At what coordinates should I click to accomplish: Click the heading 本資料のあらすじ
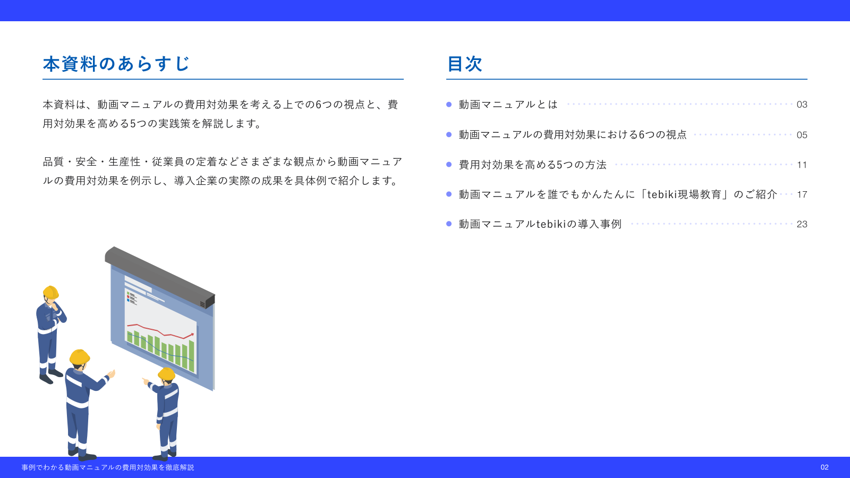point(116,64)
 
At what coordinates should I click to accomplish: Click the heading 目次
point(465,64)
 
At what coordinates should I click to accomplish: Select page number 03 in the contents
point(802,105)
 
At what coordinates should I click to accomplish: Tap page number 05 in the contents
point(802,135)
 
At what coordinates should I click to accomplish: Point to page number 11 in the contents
point(802,165)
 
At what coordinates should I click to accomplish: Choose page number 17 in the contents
point(802,194)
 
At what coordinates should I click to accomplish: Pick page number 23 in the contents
point(802,224)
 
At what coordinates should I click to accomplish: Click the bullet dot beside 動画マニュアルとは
point(449,105)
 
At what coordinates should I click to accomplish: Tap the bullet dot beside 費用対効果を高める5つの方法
point(449,165)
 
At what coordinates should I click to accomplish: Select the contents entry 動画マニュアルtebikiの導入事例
point(540,224)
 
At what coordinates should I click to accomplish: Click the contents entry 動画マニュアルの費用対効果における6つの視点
point(573,135)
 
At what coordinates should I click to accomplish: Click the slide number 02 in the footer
point(824,467)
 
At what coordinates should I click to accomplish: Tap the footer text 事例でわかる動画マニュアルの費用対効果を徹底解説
point(108,467)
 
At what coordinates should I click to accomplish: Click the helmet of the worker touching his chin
point(51,292)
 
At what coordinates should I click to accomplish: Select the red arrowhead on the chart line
point(191,335)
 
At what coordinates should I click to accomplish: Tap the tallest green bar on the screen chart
point(192,355)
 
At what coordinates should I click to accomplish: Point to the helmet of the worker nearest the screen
point(167,374)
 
